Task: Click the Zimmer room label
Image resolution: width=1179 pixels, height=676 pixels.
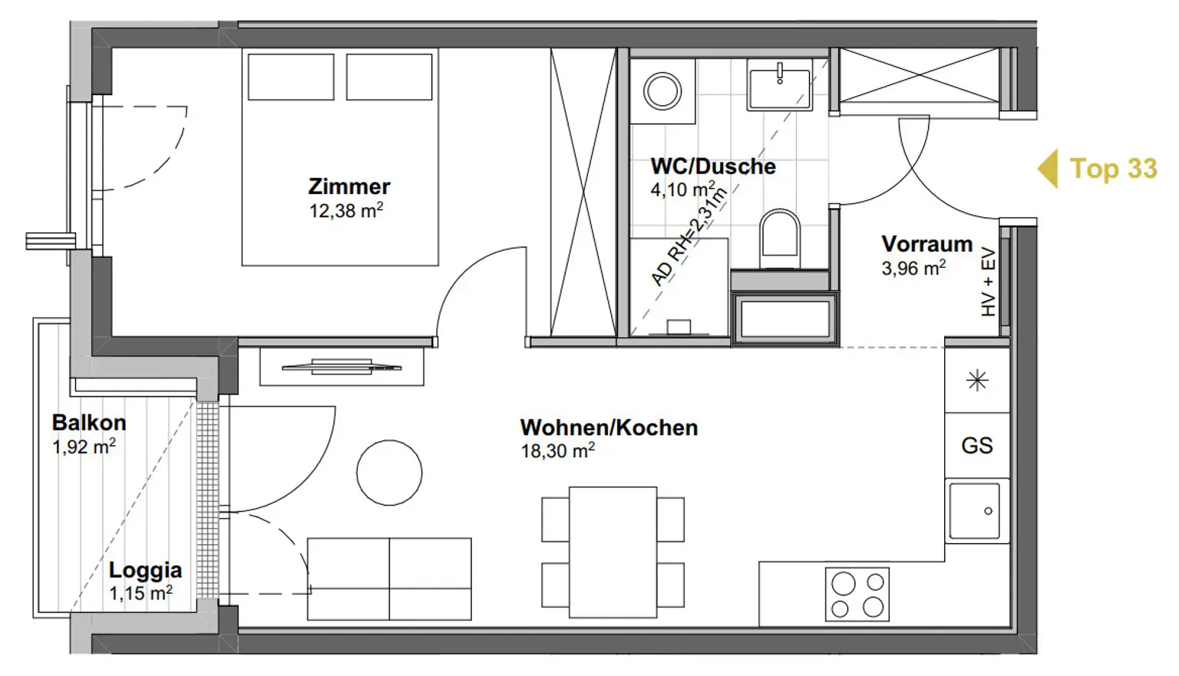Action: pyautogui.click(x=349, y=186)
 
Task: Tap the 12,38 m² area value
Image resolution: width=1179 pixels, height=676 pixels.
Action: pyautogui.click(x=346, y=211)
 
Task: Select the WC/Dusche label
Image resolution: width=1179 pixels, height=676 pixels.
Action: pyautogui.click(x=713, y=167)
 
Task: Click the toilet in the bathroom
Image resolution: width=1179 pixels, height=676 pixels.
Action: pyautogui.click(x=780, y=239)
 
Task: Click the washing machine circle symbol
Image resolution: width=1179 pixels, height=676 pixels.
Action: pyautogui.click(x=663, y=91)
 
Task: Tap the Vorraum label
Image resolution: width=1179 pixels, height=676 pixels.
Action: pyautogui.click(x=927, y=244)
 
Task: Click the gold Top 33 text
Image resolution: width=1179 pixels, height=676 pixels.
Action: pyautogui.click(x=1114, y=169)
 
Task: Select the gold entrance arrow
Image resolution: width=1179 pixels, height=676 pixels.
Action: pyautogui.click(x=1049, y=169)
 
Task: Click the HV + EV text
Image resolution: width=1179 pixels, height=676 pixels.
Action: pyautogui.click(x=989, y=282)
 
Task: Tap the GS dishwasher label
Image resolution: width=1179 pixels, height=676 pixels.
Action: pyautogui.click(x=977, y=446)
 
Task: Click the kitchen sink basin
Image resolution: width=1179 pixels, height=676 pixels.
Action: pyautogui.click(x=974, y=511)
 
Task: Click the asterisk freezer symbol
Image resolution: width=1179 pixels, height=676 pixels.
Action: pyautogui.click(x=977, y=381)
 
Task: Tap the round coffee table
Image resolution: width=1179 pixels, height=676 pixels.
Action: pyautogui.click(x=389, y=473)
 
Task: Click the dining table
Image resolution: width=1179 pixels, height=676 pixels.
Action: pyautogui.click(x=613, y=552)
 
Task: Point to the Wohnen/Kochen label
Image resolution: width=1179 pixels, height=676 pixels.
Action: pyautogui.click(x=609, y=427)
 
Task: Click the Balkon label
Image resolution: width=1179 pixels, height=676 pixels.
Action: pyautogui.click(x=89, y=423)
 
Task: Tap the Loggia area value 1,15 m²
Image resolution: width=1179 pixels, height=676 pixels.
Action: pyautogui.click(x=140, y=593)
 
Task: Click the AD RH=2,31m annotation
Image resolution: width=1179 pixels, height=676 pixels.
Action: pyautogui.click(x=689, y=237)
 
